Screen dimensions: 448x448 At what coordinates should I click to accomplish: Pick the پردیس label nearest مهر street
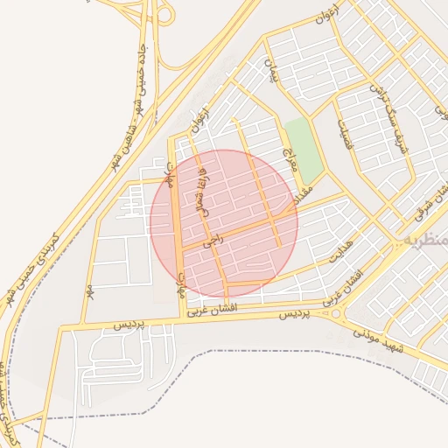(132, 325)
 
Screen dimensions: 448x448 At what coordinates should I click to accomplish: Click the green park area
(303, 149)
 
